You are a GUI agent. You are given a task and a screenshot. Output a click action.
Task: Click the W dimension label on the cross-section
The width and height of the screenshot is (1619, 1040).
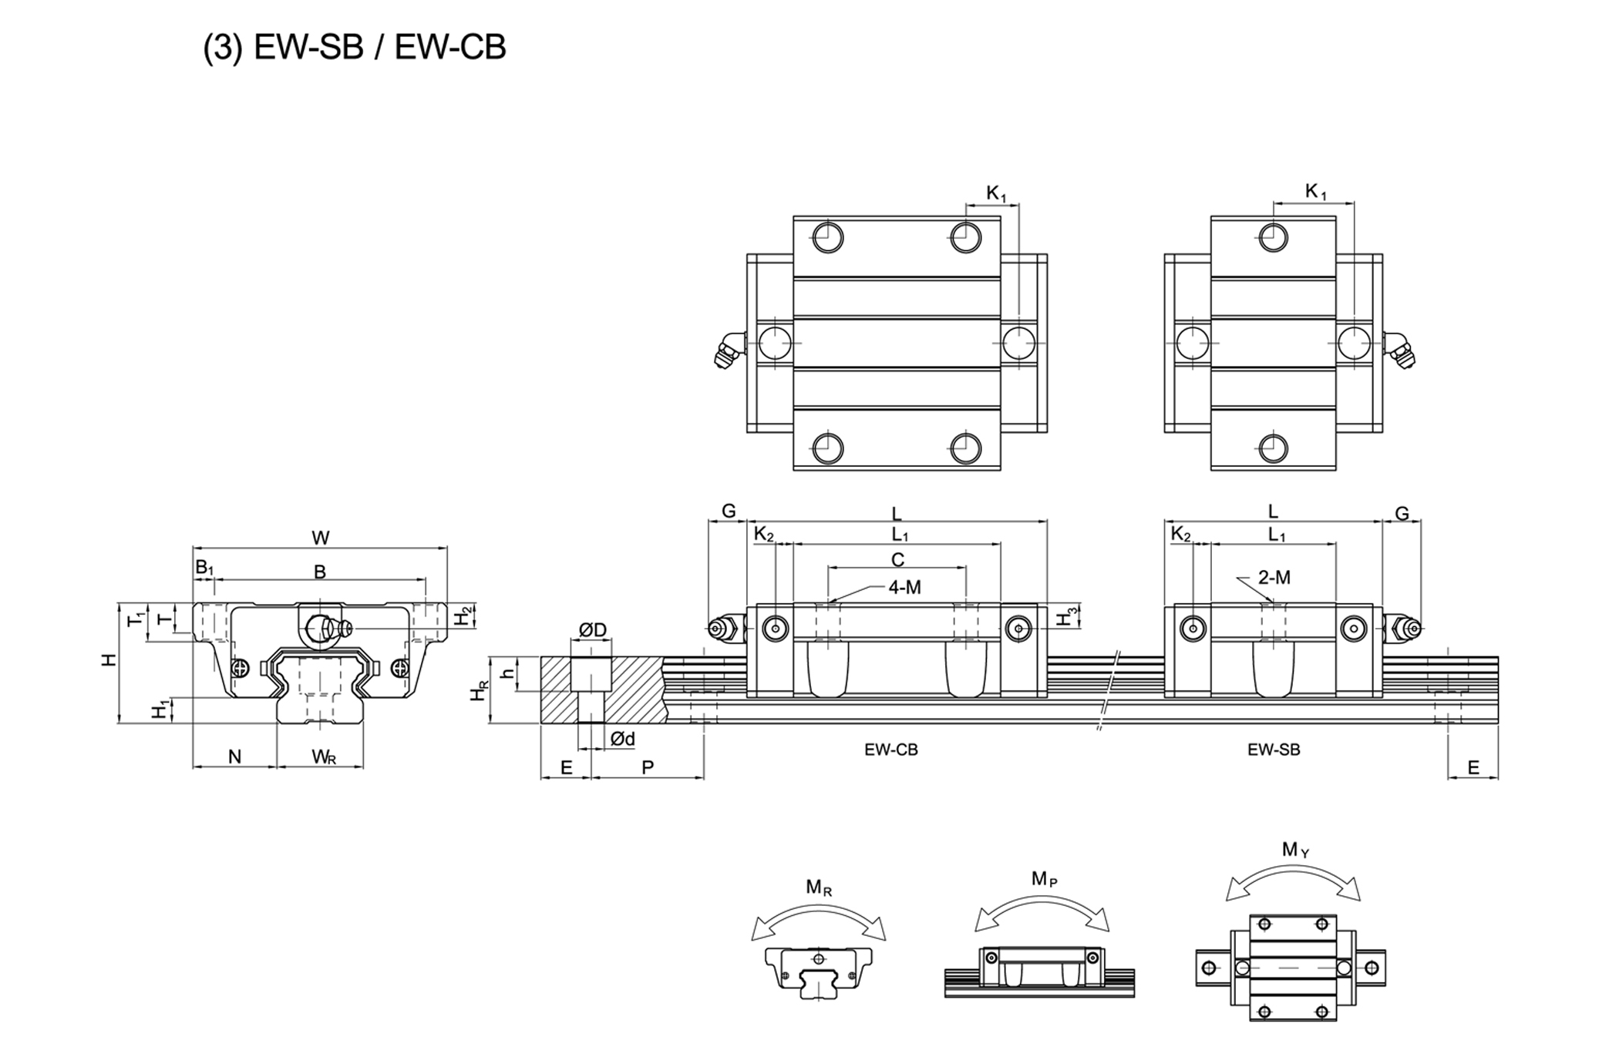(321, 538)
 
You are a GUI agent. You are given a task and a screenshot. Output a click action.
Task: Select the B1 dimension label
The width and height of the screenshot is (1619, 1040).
(204, 568)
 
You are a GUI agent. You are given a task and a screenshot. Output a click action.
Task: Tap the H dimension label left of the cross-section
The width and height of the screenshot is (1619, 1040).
(109, 659)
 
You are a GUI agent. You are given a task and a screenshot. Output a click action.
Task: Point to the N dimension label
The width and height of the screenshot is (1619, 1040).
(234, 757)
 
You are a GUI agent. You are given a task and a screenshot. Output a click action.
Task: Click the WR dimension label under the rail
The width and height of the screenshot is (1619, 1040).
(324, 757)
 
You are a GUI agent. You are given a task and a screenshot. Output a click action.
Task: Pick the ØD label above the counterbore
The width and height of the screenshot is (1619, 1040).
(592, 630)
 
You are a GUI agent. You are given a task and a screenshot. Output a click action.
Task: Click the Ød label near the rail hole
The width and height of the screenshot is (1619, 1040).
(622, 740)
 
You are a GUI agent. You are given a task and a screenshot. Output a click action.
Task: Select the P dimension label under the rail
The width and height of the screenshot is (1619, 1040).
(648, 767)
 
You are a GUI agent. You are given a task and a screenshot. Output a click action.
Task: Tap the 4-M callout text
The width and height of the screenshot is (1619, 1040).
(904, 588)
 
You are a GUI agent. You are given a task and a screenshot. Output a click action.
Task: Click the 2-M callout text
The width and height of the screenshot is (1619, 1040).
(1274, 577)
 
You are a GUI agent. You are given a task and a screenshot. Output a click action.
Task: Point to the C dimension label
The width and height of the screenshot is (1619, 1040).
(897, 560)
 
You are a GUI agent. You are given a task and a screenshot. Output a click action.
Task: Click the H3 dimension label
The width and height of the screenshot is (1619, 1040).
(1068, 617)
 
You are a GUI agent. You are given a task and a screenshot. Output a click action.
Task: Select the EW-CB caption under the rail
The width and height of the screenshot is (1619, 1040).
(891, 750)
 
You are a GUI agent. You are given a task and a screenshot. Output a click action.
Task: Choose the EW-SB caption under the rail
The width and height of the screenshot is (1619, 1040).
(1274, 750)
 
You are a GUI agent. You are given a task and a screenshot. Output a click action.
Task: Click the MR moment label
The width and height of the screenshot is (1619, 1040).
(819, 887)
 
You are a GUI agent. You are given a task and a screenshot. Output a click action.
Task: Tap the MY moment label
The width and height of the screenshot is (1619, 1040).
(1295, 850)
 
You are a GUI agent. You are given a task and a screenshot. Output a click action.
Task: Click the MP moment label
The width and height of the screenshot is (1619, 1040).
(1044, 879)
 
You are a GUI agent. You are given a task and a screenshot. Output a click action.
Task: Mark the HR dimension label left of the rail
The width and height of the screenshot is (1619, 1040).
(478, 691)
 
